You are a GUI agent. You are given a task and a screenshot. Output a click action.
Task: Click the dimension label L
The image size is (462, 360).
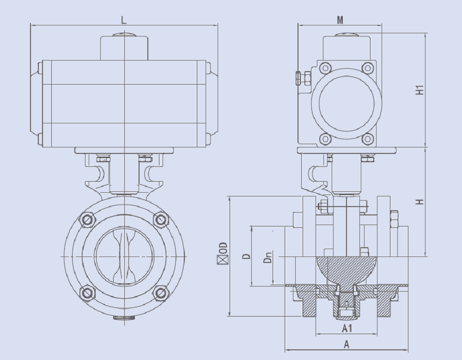pos(123,19)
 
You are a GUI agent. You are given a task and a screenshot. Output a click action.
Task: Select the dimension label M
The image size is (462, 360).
pos(340,19)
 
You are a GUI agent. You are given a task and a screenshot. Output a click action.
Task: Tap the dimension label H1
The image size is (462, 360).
pos(419,90)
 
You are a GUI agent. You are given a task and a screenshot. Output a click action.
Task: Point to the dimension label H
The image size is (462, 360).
pos(419,202)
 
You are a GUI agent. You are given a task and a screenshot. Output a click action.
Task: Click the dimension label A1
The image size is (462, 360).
pos(346,329)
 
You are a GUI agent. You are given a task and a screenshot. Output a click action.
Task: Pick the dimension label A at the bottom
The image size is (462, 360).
pos(346,344)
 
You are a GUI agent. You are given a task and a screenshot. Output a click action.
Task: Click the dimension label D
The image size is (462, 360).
pos(247,256)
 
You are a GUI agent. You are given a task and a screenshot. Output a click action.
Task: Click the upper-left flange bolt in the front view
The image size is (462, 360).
pos(87,220)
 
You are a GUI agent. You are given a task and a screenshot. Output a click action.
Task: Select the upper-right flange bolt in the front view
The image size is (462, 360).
pos(160,220)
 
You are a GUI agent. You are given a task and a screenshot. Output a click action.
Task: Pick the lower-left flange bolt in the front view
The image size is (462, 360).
pos(87,293)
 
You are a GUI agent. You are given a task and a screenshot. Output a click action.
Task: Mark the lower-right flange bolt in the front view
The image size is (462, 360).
pos(160,293)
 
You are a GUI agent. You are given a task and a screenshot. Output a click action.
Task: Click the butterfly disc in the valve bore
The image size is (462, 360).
pos(124,256)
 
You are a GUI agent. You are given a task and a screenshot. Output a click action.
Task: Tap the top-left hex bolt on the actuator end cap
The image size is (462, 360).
pos(325,68)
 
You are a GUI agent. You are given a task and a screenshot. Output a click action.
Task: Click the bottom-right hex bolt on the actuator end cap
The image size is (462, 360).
pos(368,138)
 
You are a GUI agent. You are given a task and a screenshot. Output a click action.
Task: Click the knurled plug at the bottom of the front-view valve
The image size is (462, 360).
pos(124,317)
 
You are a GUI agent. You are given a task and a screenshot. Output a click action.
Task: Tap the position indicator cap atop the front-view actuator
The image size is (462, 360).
pos(124,34)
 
